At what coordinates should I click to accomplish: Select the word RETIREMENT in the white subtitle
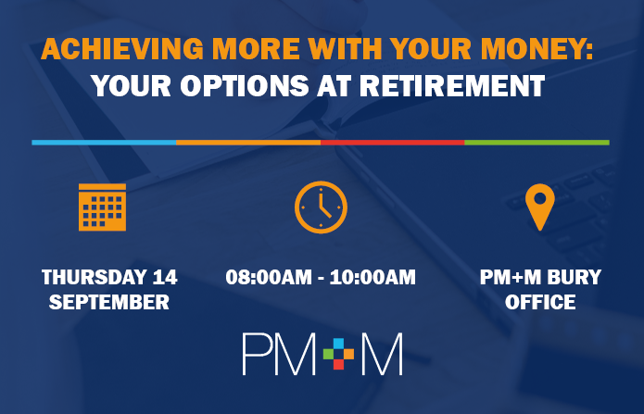pos(452,86)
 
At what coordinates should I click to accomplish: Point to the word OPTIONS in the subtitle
pos(245,86)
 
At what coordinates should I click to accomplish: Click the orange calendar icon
pos(102,207)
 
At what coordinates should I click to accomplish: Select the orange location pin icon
pos(540,207)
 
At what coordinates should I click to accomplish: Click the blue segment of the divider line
pos(104,143)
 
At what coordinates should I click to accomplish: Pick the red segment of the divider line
pos(393,143)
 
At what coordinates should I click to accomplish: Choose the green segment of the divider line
pos(537,143)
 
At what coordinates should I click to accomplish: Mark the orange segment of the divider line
pos(248,143)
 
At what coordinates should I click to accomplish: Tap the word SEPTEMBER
pos(109,302)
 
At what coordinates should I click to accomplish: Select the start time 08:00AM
pos(269,277)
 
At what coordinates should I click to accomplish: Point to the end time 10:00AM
pos(373,277)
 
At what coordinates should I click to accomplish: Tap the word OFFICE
pos(540,302)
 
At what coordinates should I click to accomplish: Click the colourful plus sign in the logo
pos(338,354)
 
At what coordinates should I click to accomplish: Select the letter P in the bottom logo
pos(256,354)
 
